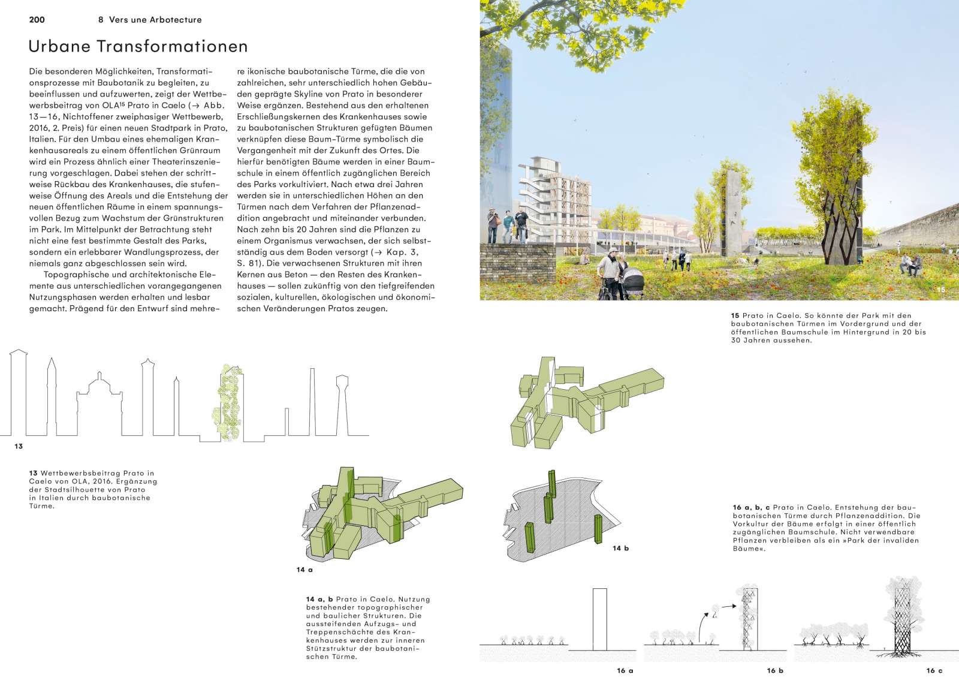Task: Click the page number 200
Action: [x=37, y=20]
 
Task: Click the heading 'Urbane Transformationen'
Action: [x=138, y=46]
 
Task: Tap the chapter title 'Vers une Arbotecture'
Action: [x=155, y=20]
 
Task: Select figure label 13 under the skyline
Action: [x=19, y=446]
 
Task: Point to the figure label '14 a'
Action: [x=304, y=570]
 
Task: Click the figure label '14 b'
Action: [x=620, y=548]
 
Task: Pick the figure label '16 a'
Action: [x=625, y=670]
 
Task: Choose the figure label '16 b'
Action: [x=775, y=670]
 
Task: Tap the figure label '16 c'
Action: [x=934, y=670]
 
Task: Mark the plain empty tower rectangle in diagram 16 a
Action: [x=600, y=619]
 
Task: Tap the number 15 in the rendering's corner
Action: [x=940, y=290]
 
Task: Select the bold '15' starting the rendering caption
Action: [x=735, y=315]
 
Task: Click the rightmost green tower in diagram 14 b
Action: [x=598, y=529]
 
